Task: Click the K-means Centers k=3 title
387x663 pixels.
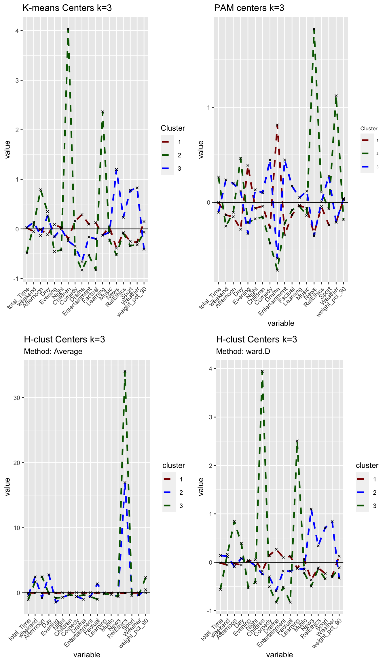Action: (x=67, y=8)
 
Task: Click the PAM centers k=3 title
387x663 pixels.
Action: (x=249, y=8)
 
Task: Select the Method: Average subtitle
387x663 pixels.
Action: (x=53, y=351)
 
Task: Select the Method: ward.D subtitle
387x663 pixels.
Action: (x=243, y=351)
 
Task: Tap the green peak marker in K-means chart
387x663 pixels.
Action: (x=68, y=29)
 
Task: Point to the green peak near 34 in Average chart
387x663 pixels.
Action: (x=125, y=371)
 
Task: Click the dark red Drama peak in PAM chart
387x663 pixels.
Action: (x=277, y=125)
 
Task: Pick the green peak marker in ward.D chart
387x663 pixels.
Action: (x=262, y=371)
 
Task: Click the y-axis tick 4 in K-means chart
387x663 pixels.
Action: (x=17, y=31)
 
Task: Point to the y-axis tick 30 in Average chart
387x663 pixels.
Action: (x=16, y=398)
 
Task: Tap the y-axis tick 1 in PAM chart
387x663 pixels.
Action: (x=208, y=107)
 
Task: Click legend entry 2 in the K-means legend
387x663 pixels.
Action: (x=179, y=155)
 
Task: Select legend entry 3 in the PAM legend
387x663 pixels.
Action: (x=377, y=167)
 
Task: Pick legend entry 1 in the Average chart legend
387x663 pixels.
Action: (x=181, y=479)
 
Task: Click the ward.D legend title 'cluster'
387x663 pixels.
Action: (x=367, y=465)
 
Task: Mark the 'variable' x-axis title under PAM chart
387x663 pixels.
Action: (x=281, y=323)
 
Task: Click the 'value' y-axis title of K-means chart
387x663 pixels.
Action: (x=7, y=150)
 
